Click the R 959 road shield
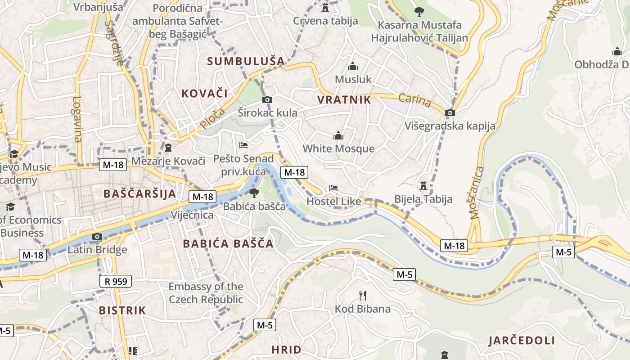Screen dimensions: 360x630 (116, 282)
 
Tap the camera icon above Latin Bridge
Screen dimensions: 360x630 (97, 236)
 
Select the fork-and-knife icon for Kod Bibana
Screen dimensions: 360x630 (363, 296)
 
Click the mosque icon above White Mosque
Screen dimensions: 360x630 (338, 135)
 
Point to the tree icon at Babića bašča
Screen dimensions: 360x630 (254, 193)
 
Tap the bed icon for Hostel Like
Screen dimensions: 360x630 (333, 188)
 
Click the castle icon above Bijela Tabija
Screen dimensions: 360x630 (423, 185)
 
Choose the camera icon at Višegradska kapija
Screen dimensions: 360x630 (450, 112)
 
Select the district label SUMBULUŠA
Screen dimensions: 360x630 (246, 61)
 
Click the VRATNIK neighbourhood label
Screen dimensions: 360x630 (344, 100)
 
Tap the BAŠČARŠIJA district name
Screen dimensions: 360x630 (139, 194)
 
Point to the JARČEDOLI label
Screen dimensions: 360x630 (522, 341)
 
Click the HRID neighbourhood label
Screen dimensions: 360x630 (286, 349)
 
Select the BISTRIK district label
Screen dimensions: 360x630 (122, 310)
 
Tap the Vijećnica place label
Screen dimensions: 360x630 (192, 215)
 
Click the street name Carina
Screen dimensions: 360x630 (415, 100)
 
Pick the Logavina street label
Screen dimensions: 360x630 (77, 119)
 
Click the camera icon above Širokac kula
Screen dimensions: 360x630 (267, 99)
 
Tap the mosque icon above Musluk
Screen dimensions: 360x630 (353, 67)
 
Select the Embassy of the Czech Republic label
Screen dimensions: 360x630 (206, 293)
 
